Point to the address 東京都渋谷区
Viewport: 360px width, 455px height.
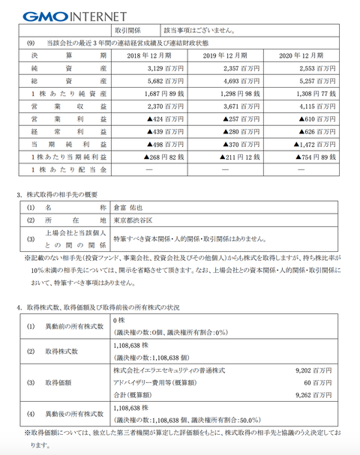pos(136,221)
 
